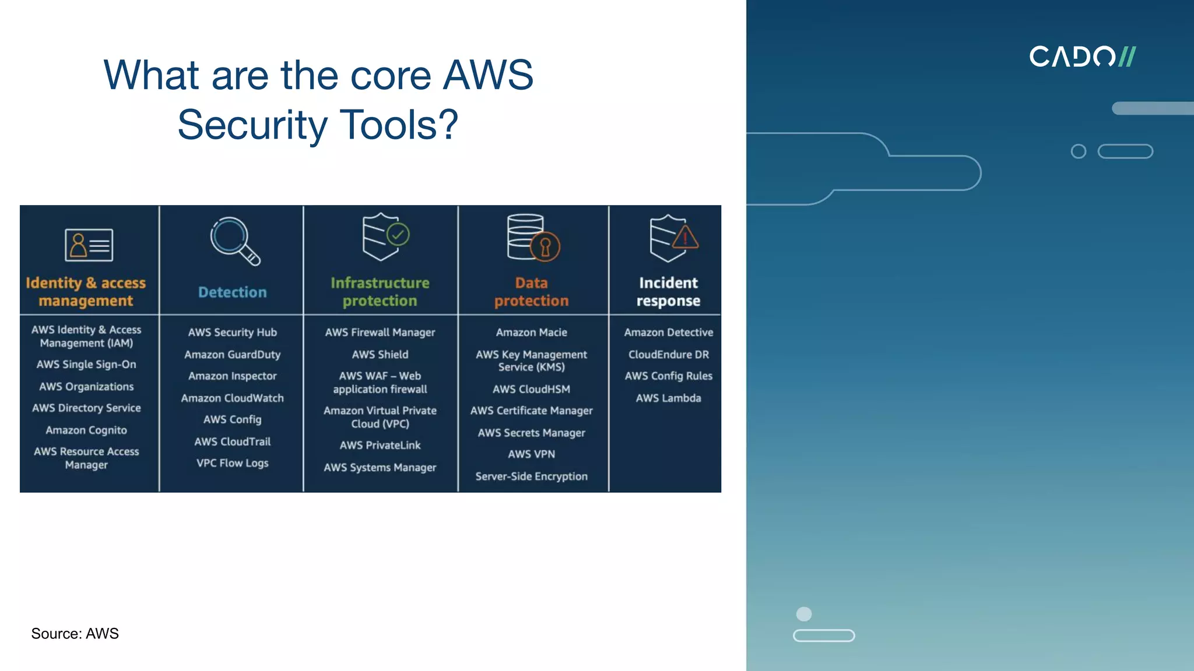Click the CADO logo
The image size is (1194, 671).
tap(1082, 56)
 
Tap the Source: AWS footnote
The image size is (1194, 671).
tap(75, 634)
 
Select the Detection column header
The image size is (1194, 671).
tap(232, 292)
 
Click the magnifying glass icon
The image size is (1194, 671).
tap(234, 241)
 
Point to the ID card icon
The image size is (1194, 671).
tap(89, 245)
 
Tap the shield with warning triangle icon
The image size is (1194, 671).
tap(672, 238)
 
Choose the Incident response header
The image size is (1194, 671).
tap(668, 292)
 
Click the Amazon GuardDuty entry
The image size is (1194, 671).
tap(232, 355)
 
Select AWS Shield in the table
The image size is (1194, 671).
tap(380, 355)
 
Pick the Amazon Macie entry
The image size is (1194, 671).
tap(531, 333)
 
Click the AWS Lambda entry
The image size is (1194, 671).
tap(668, 398)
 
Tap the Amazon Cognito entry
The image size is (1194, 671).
tap(86, 430)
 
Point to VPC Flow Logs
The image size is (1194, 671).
tap(232, 464)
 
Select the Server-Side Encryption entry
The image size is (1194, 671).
tap(531, 476)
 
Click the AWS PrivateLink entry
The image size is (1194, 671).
tap(380, 446)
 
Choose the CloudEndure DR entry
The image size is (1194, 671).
tap(668, 355)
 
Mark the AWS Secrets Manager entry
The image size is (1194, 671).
tap(531, 433)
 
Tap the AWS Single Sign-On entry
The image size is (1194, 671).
tap(86, 365)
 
